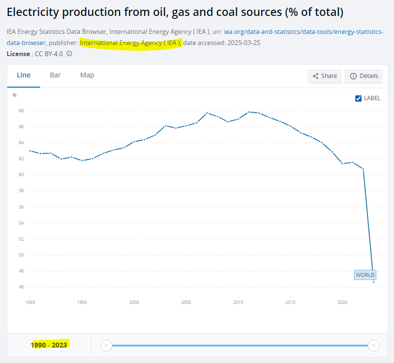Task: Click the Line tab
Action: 24,75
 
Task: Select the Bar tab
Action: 55,75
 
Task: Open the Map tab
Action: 87,75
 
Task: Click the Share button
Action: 324,76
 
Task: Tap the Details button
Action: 364,76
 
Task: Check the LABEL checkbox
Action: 359,98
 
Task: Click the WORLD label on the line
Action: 365,275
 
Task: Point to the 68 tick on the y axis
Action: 21,111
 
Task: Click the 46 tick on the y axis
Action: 21,287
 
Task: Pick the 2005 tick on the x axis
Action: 186,302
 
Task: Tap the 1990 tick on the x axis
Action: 30,302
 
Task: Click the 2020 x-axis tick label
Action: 342,302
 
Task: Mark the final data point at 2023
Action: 373,282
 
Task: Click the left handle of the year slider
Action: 106,345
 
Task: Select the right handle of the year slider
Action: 373,345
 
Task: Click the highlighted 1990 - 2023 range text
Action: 49,345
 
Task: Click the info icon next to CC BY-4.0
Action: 69,54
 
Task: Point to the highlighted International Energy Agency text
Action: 131,43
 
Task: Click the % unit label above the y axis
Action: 15,95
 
